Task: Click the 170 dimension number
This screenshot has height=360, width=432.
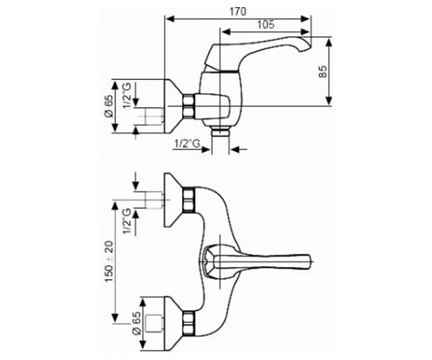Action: [x=238, y=12]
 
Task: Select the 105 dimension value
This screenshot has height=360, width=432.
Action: [x=266, y=24]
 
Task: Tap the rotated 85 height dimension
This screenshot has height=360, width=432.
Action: [x=323, y=71]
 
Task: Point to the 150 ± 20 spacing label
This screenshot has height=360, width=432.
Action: [x=109, y=261]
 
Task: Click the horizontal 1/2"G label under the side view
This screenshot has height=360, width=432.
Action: [x=186, y=143]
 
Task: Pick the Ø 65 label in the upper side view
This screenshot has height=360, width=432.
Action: [x=109, y=106]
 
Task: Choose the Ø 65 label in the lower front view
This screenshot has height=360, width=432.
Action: [x=136, y=323]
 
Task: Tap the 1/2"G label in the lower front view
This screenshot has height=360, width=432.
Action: [x=127, y=221]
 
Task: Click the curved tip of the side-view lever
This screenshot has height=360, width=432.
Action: [x=307, y=43]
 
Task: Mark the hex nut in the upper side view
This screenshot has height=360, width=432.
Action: [x=188, y=107]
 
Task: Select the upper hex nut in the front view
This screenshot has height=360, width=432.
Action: [x=189, y=200]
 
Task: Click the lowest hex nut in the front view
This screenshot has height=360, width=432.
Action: [x=189, y=324]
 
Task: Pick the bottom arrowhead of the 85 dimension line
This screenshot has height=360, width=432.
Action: [x=328, y=101]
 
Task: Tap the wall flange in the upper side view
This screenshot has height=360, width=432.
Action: [x=174, y=106]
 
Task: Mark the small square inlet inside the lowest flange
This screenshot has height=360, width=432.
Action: [x=154, y=323]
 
